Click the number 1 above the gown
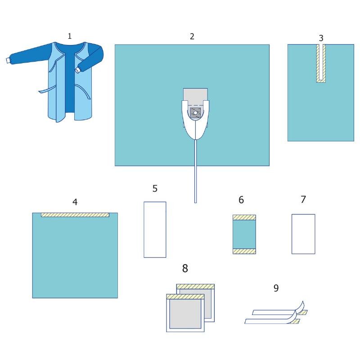70,36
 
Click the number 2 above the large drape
192,36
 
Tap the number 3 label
321,38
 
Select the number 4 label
75,202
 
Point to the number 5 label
155,189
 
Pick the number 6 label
241,200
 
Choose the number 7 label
303,199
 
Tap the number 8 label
185,268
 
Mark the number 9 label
276,288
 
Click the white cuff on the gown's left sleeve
9,60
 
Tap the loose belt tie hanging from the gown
47,90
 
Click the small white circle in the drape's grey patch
195,113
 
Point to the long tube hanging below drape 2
196,171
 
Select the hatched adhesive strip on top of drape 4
75,215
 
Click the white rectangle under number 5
155,229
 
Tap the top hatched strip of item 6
244,217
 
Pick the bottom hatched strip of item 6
244,251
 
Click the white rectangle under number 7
303,234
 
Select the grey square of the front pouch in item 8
185,314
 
